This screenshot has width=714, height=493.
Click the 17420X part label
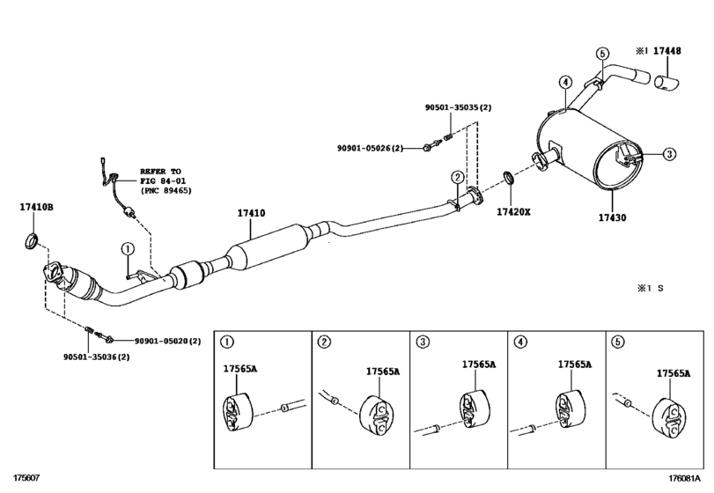coord(512,212)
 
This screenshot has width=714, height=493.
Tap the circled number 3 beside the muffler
coord(669,154)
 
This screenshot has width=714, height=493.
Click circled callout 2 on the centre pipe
coord(457,177)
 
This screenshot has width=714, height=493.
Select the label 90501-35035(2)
coord(458,107)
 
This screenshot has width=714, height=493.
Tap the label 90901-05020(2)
coord(168,341)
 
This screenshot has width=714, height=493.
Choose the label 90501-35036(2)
coord(98,357)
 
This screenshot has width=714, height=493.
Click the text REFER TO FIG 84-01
coord(166,180)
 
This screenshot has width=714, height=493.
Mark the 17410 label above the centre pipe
coord(251,213)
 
